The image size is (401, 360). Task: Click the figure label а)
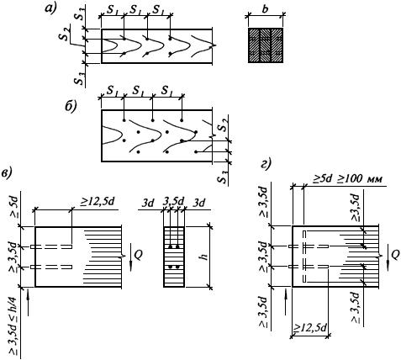(50, 8)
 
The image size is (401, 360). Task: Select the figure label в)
(7, 173)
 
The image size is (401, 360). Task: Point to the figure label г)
(266, 164)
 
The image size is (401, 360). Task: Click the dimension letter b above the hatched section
(266, 8)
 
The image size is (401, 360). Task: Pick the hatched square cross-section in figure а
(266, 45)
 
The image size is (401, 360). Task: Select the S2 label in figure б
(223, 124)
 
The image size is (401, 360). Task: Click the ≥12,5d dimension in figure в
(97, 202)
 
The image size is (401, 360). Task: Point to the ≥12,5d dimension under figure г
(309, 328)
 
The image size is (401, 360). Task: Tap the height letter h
(205, 256)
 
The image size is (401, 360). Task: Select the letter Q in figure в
(139, 255)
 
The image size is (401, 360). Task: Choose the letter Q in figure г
(394, 256)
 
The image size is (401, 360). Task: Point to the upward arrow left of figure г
(286, 302)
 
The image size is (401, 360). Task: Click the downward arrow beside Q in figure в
(131, 257)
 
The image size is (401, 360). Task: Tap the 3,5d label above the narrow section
(174, 202)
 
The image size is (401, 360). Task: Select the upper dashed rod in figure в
(51, 246)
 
